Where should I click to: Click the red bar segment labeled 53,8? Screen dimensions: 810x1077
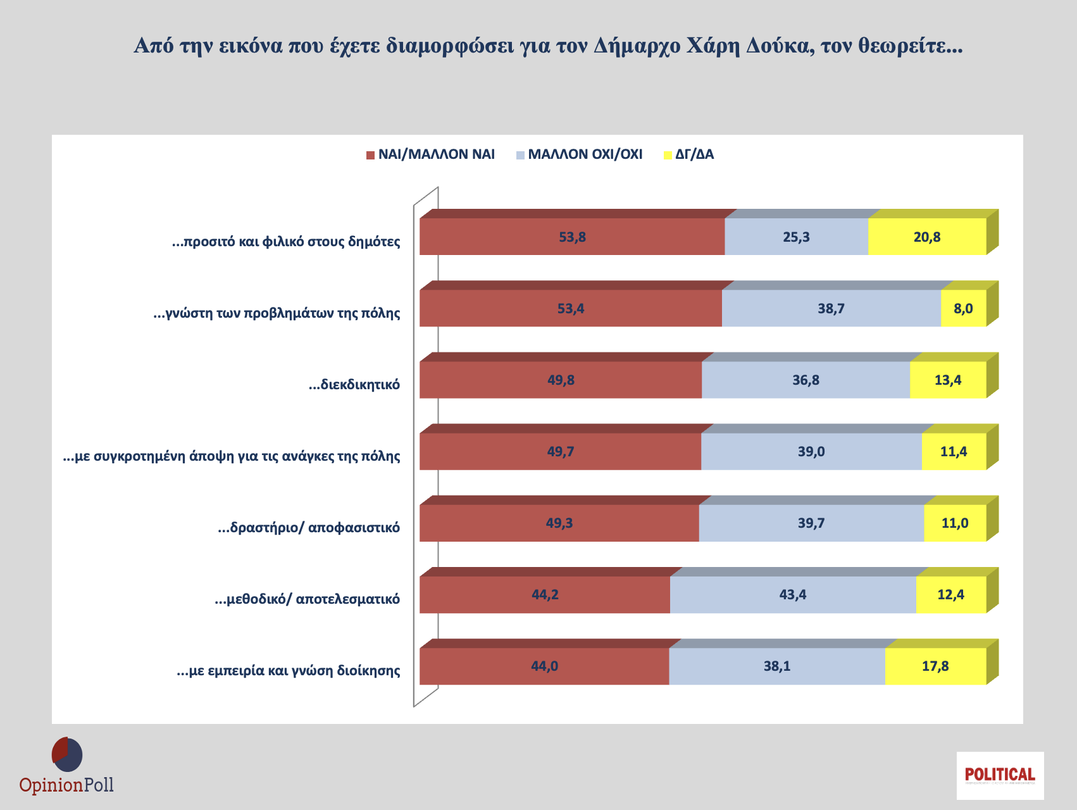tap(572, 237)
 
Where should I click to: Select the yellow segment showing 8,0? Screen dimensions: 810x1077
tap(963, 309)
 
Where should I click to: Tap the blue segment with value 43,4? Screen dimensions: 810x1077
tap(793, 595)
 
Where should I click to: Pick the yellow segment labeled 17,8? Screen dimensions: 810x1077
tap(935, 666)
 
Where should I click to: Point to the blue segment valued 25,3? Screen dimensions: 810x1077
tap(796, 237)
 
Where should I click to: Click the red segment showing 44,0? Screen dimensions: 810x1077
tap(544, 666)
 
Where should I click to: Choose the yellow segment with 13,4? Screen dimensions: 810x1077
tap(948, 380)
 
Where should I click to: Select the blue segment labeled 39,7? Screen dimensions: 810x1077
tap(811, 523)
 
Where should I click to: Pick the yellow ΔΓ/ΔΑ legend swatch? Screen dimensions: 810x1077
tap(668, 155)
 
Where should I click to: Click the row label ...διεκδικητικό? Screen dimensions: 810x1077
tap(354, 385)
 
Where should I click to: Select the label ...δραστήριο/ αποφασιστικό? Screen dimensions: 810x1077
tap(309, 528)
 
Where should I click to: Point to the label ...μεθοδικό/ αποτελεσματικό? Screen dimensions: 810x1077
tap(308, 599)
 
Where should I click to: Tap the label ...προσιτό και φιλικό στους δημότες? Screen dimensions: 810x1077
tap(286, 242)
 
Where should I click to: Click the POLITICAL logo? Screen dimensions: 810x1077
tap(1000, 775)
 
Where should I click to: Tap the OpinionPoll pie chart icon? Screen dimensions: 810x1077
tap(67, 754)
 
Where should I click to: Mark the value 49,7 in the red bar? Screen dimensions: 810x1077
tap(561, 452)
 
